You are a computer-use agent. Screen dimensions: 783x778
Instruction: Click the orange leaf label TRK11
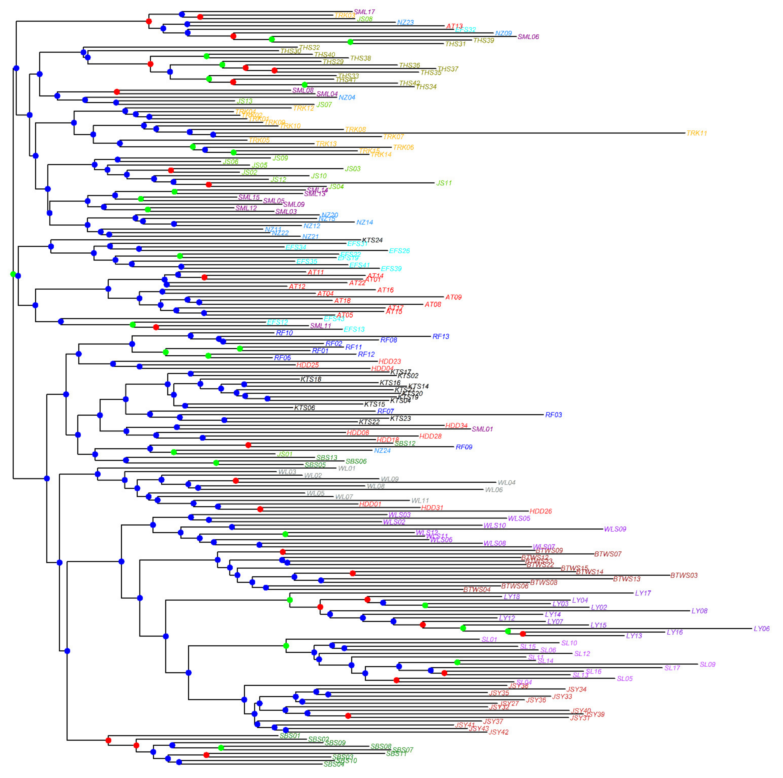pos(696,133)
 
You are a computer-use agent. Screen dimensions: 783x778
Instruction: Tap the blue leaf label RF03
pos(553,415)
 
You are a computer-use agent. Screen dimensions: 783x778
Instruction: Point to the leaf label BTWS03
pos(684,575)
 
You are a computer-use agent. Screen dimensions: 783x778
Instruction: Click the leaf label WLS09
pos(615,529)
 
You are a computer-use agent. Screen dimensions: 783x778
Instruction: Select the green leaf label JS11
pos(444,183)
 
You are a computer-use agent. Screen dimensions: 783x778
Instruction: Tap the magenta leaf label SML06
pos(528,37)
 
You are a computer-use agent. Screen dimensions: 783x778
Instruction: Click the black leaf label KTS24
pos(372,240)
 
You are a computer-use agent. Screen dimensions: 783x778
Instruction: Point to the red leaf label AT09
pos(453,297)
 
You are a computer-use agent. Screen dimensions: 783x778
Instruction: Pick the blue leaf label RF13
pos(441,337)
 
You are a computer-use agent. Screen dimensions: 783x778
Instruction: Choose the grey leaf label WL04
pos(506,483)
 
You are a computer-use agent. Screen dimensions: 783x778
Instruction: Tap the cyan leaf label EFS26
pos(399,251)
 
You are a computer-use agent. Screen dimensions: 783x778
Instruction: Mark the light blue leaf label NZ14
pos(364,222)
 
